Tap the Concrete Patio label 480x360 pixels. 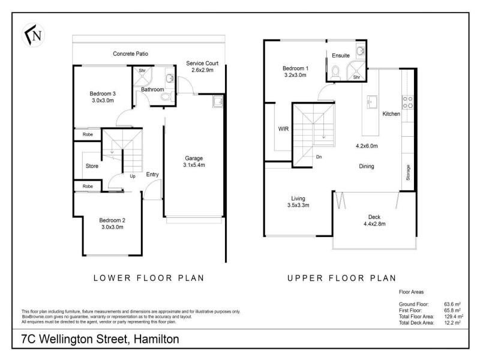[x=130, y=54]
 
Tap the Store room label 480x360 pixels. [x=92, y=166]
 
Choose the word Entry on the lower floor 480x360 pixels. [x=152, y=175]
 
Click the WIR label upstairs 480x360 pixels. [x=283, y=128]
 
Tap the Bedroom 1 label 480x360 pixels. [x=295, y=72]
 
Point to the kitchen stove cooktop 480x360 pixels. [x=407, y=101]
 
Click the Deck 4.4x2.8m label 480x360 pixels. [x=374, y=220]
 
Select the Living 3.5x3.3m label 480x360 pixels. [x=298, y=202]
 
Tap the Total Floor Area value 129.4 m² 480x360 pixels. [x=451, y=316]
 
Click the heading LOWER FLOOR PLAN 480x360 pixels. [x=149, y=278]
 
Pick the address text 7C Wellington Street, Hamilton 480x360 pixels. [x=96, y=339]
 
